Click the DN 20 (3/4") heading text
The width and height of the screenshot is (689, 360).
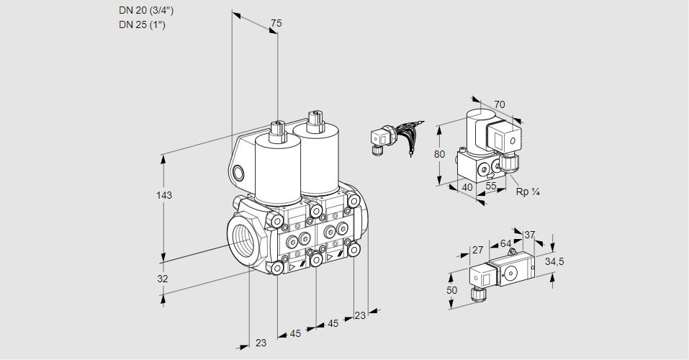pyautogui.click(x=146, y=11)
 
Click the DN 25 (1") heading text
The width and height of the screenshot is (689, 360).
pyautogui.click(x=143, y=25)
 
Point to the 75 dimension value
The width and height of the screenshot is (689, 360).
pyautogui.click(x=276, y=24)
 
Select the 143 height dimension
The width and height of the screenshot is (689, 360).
pyautogui.click(x=166, y=196)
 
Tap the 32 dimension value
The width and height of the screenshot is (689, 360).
pyautogui.click(x=163, y=279)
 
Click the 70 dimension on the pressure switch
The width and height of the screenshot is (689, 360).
pyautogui.click(x=500, y=104)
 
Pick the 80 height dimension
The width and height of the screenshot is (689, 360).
pyautogui.click(x=440, y=154)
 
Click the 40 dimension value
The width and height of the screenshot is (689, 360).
pyautogui.click(x=467, y=187)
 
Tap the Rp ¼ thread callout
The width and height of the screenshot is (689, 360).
pyautogui.click(x=528, y=192)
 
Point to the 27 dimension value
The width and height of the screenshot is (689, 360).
pyautogui.click(x=477, y=250)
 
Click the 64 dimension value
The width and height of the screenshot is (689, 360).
pyautogui.click(x=505, y=243)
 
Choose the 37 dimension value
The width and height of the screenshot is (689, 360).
pyautogui.click(x=529, y=235)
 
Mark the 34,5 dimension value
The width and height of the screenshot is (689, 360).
pyautogui.click(x=554, y=261)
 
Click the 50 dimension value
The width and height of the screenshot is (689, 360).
pyautogui.click(x=451, y=290)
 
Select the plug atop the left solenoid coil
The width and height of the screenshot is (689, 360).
pyautogui.click(x=277, y=130)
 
